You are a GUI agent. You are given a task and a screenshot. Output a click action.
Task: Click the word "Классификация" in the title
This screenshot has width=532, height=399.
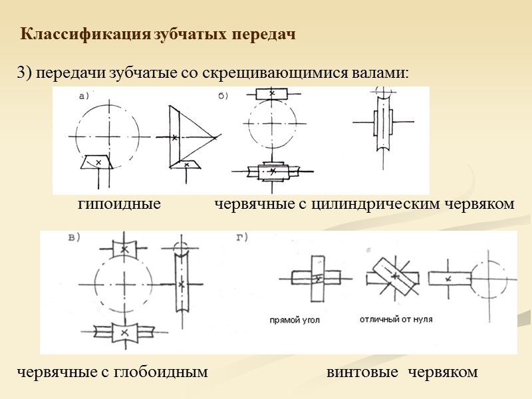(x=86, y=33)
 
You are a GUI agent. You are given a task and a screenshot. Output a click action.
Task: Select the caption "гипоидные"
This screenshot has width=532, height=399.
(x=119, y=204)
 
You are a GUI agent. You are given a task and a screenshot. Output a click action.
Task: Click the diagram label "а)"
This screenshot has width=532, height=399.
(x=84, y=96)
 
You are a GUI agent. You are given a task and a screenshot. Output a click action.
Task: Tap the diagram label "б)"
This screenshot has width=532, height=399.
(x=223, y=96)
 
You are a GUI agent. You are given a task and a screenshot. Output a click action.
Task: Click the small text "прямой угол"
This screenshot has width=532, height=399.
(x=295, y=320)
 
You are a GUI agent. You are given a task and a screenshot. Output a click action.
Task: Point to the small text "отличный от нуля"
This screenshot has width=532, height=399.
(x=396, y=320)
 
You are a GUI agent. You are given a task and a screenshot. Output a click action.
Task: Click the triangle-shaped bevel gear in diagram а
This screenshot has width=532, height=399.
(x=190, y=136)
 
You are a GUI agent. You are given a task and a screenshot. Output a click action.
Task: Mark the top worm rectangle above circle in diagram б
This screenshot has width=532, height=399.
(x=273, y=94)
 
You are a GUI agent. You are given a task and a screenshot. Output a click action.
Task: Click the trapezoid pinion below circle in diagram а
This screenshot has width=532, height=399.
(x=98, y=162)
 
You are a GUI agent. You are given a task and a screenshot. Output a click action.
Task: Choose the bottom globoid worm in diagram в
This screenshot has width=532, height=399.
(x=124, y=331)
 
